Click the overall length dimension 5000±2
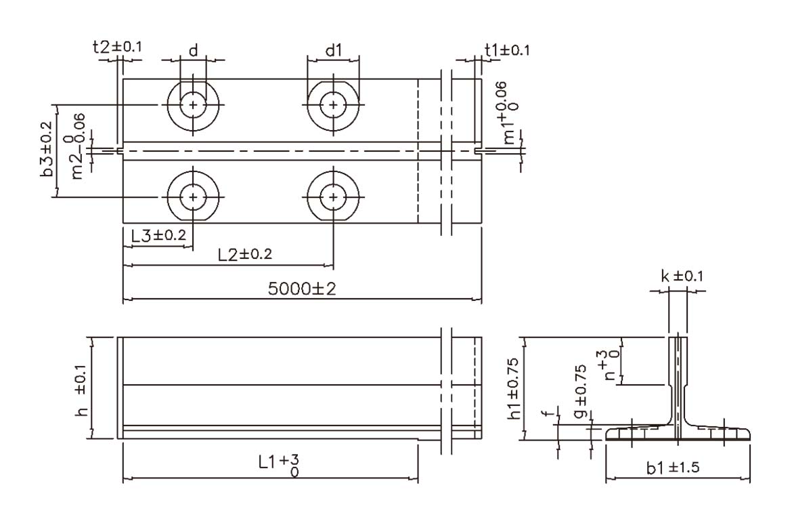tap(301, 289)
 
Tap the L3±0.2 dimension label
tap(158, 235)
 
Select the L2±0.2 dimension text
tap(245, 253)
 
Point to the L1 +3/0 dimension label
tap(279, 466)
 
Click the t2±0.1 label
tap(118, 47)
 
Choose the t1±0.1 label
tap(507, 49)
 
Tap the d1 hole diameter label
tap(333, 50)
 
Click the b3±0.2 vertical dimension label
tap(46, 150)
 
